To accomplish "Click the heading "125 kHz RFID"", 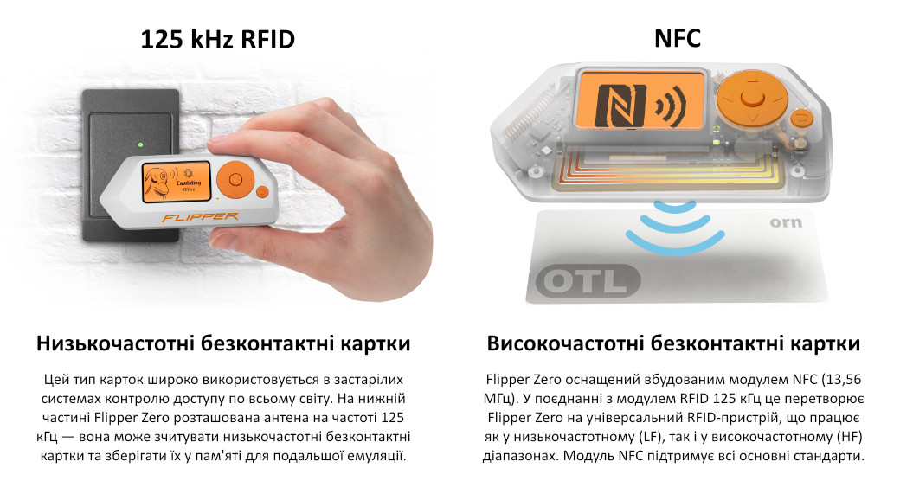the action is pyautogui.click(x=217, y=40).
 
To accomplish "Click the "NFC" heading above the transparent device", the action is pyautogui.click(x=678, y=38).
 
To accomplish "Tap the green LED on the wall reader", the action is pyautogui.click(x=140, y=144).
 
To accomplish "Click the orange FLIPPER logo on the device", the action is pyautogui.click(x=200, y=217).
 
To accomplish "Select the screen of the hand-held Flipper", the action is pyautogui.click(x=177, y=182).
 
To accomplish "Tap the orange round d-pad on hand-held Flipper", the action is pyautogui.click(x=235, y=180).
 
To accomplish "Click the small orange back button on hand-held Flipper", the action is pyautogui.click(x=262, y=192).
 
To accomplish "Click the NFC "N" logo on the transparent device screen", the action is pyautogui.click(x=621, y=105).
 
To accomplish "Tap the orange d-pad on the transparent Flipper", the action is pyautogui.click(x=751, y=98).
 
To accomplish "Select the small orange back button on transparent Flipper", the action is pyautogui.click(x=801, y=119).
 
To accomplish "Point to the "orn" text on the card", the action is pyautogui.click(x=786, y=222).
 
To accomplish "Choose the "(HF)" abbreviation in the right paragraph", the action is pyautogui.click(x=849, y=437).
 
